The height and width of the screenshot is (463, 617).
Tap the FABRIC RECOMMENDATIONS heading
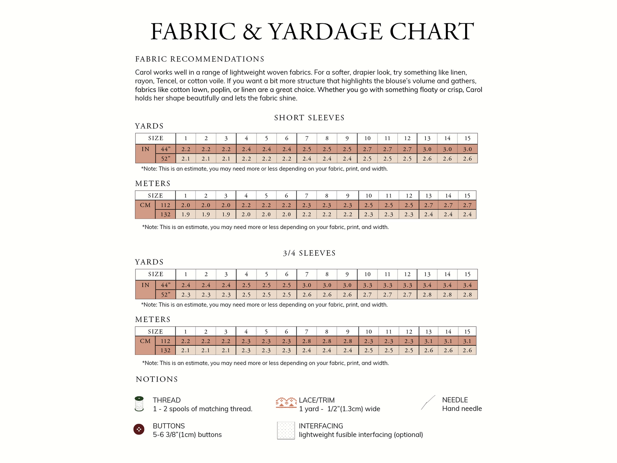199,59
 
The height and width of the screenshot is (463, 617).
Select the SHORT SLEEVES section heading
309,118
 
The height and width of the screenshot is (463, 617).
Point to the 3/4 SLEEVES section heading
309,253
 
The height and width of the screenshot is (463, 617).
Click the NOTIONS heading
157,380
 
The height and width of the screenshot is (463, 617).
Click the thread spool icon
139,404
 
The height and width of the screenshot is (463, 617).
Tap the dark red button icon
139,429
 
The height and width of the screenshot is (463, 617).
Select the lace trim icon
286,403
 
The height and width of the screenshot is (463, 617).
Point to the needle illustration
428,403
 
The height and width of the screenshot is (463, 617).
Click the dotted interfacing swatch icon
286,430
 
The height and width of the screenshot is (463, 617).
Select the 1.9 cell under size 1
185,215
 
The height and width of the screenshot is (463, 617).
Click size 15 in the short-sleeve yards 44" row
467,149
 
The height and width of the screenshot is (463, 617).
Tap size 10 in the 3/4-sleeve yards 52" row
367,295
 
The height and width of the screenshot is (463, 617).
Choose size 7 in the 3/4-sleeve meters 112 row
307,341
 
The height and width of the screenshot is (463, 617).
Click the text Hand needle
462,409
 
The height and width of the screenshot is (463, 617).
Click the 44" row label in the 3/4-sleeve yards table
166,285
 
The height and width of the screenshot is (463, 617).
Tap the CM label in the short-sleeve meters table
145,205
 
